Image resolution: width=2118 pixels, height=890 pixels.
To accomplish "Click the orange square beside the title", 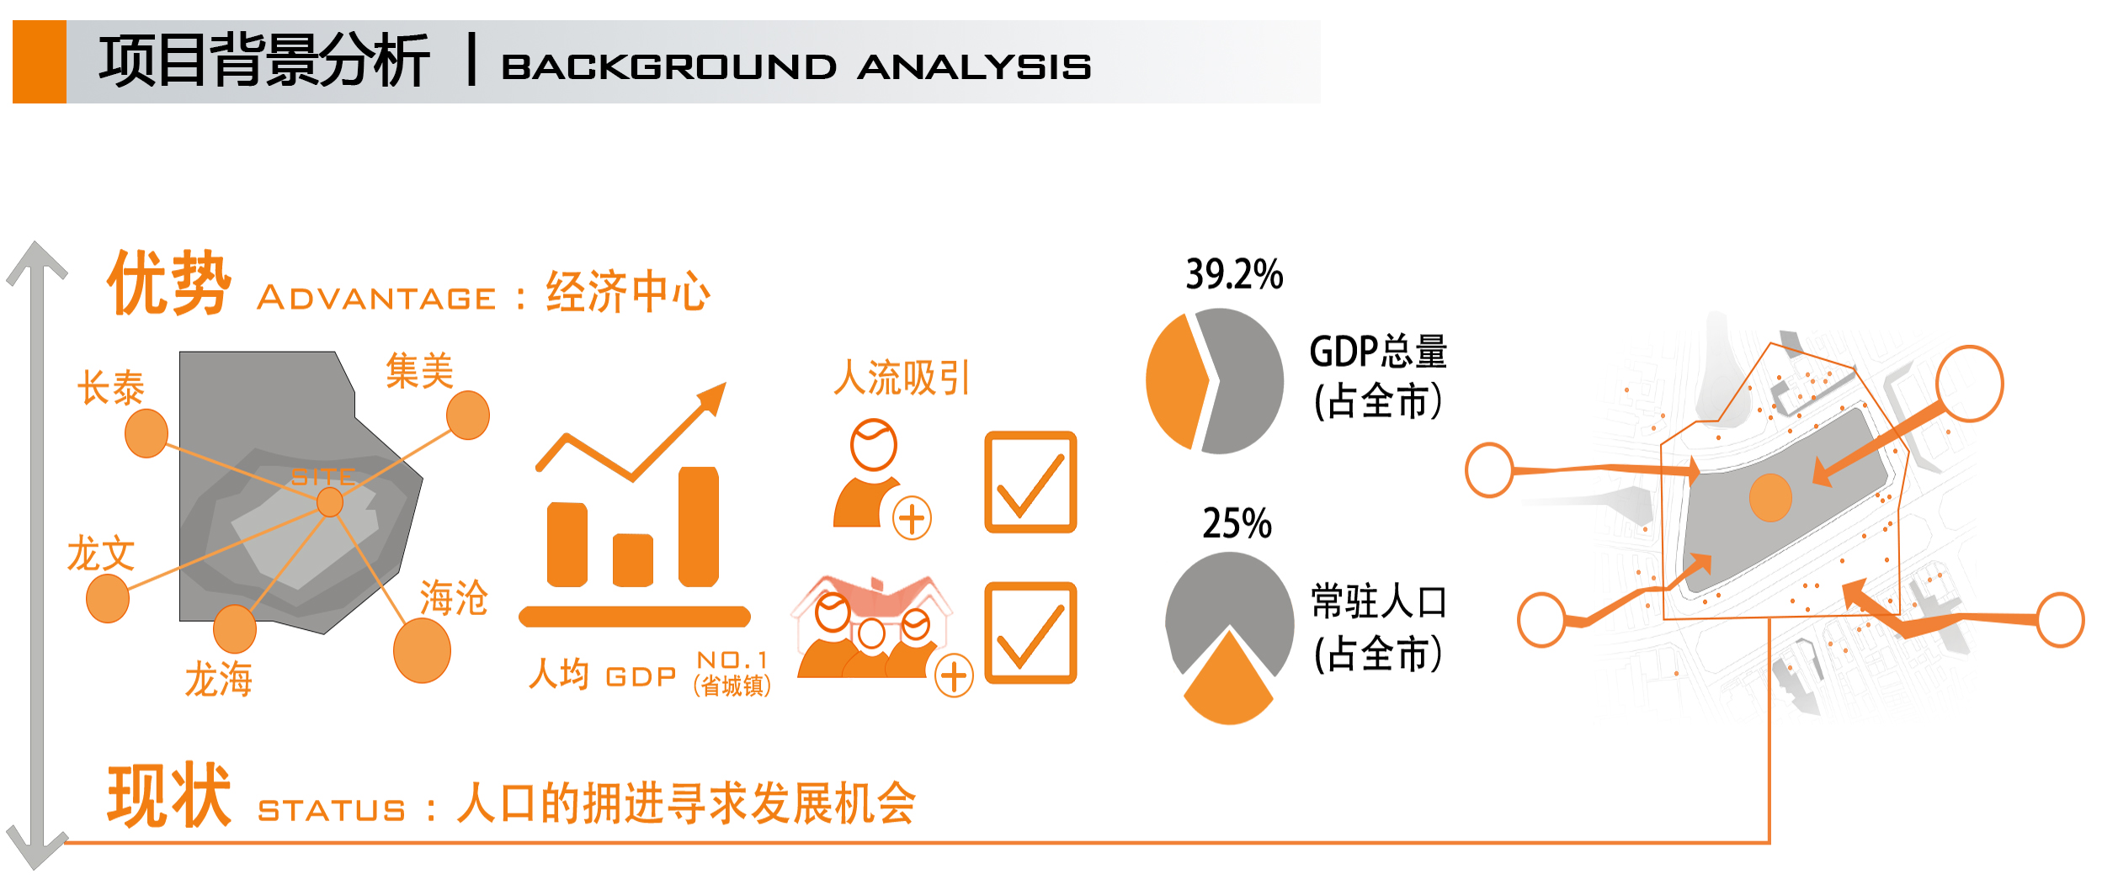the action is [x=40, y=61].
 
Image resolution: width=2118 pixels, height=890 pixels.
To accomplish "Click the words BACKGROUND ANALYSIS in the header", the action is [x=796, y=66].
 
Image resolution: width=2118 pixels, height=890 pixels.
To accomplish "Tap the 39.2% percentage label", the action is [x=1234, y=274].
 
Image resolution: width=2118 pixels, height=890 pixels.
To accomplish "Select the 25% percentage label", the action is [x=1237, y=523].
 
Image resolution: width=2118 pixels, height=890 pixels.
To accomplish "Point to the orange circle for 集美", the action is [x=468, y=415].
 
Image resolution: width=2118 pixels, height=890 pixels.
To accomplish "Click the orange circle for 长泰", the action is [x=146, y=433].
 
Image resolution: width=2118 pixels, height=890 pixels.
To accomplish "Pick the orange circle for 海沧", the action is [x=422, y=650].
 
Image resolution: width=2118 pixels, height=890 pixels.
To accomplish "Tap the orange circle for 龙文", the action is [x=108, y=598].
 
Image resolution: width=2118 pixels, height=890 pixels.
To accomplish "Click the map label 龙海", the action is [x=219, y=679].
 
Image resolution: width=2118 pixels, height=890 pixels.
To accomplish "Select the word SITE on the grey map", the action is [x=324, y=477].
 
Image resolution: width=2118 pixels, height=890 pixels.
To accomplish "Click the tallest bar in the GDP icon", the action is [x=699, y=527].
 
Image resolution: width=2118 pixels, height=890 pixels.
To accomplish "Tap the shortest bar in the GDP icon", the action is [x=633, y=560].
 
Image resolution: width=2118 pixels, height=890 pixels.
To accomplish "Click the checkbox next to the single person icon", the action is [x=1030, y=482].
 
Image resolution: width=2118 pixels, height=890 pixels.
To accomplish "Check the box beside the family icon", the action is [x=1030, y=633].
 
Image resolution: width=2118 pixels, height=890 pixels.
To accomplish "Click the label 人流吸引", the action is [x=902, y=378].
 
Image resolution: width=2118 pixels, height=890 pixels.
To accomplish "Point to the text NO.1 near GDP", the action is [x=732, y=660].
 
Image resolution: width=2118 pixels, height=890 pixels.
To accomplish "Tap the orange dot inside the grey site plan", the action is [x=1770, y=497].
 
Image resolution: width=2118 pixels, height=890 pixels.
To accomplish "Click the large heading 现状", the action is [x=169, y=795].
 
